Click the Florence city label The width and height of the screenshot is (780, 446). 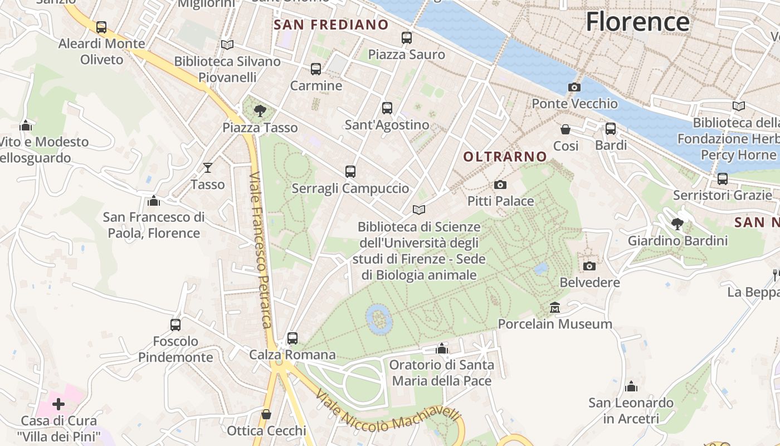click(x=637, y=22)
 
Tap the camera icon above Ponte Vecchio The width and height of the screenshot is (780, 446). click(x=574, y=87)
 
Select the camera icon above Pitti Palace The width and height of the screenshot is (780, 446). click(x=500, y=185)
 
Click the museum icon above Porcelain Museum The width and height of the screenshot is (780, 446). click(x=555, y=307)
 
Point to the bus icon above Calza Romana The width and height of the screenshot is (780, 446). click(x=292, y=338)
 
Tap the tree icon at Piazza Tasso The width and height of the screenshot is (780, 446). click(x=260, y=110)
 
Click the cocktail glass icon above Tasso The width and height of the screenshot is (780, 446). click(x=208, y=167)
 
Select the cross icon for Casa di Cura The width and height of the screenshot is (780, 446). click(x=58, y=404)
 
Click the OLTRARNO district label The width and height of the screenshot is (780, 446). click(x=505, y=157)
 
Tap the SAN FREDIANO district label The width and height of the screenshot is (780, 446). click(x=331, y=25)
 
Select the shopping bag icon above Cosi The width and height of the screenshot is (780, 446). click(x=565, y=129)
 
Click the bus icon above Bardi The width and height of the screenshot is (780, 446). click(x=611, y=129)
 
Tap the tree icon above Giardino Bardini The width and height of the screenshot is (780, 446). click(x=677, y=224)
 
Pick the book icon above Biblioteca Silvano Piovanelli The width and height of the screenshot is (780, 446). click(x=227, y=45)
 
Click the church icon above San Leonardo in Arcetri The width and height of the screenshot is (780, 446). click(x=631, y=386)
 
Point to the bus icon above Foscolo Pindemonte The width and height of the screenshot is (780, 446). click(x=175, y=324)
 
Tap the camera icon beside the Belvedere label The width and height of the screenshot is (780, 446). click(x=589, y=266)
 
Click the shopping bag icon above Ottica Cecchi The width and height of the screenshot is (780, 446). click(x=266, y=414)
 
